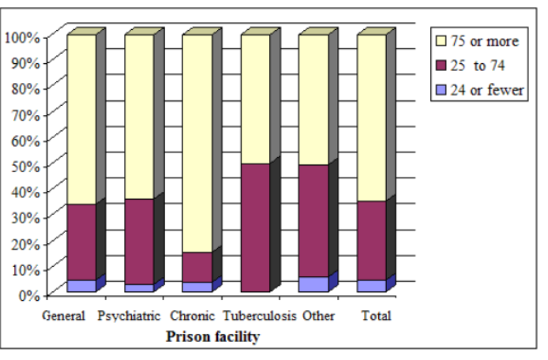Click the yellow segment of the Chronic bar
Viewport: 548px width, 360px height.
(x=197, y=142)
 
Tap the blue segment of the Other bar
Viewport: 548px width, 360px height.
(x=313, y=284)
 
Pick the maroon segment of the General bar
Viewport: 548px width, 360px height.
(x=81, y=242)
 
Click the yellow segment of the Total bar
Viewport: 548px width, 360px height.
(x=372, y=118)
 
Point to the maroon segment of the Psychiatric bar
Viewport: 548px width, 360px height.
(x=139, y=241)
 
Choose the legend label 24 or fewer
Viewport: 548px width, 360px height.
(x=486, y=90)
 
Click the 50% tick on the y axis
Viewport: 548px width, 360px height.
(x=24, y=165)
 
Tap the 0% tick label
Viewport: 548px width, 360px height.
(x=28, y=294)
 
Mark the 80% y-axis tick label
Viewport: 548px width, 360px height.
(x=24, y=88)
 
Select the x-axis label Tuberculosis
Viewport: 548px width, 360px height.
(x=260, y=317)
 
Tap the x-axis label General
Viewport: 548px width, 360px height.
(x=62, y=317)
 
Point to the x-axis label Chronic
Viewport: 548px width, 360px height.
(x=193, y=317)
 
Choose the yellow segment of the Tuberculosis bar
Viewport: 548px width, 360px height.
(x=255, y=99)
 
